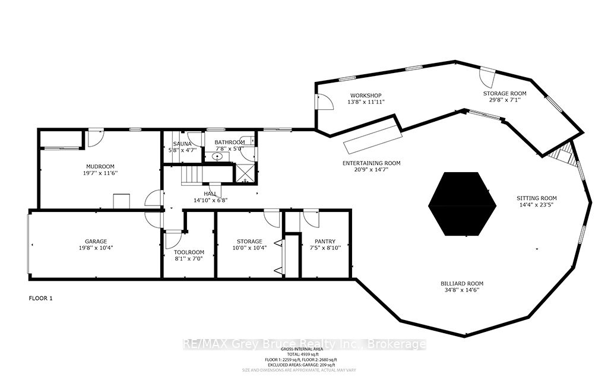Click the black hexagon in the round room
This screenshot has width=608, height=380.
click(x=462, y=204)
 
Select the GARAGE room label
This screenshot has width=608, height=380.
click(x=96, y=241)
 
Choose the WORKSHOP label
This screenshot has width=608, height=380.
click(x=365, y=96)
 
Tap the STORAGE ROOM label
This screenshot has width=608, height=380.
click(x=504, y=93)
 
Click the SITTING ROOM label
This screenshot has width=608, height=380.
click(x=536, y=198)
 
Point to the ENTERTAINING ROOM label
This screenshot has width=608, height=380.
click(x=371, y=163)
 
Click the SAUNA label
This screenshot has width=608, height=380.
click(x=181, y=144)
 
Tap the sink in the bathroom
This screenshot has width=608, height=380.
click(x=217, y=157)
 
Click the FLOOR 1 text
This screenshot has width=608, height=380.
click(x=41, y=298)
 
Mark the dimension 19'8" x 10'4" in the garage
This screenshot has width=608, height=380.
click(x=96, y=248)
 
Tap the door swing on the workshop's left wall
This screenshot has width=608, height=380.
click(x=325, y=102)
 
